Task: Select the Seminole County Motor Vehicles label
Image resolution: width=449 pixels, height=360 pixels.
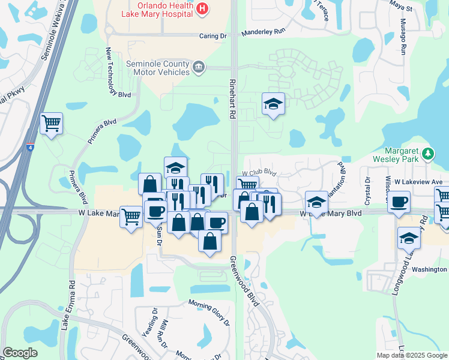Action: click(x=158, y=68)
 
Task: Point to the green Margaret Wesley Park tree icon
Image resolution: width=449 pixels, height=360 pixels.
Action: click(x=427, y=154)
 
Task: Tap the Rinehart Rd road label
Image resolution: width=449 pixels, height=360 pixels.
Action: click(x=231, y=99)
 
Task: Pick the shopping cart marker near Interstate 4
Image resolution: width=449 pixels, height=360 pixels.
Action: click(x=51, y=124)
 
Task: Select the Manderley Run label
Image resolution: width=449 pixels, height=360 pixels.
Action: click(x=261, y=34)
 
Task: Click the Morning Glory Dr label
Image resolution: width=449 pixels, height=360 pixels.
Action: click(x=209, y=312)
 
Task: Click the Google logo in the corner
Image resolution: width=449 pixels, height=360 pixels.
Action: click(x=20, y=353)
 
